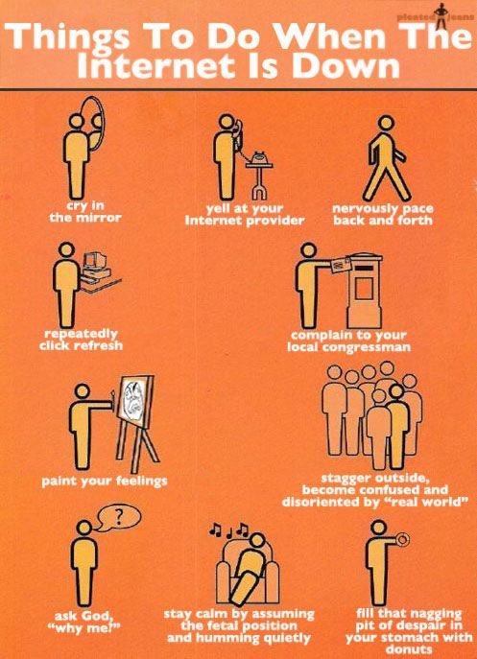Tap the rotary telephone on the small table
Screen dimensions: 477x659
point(259,158)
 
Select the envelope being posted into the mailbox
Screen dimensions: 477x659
point(341,265)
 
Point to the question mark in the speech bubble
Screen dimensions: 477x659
point(119,517)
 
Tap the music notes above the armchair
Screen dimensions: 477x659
point(229,530)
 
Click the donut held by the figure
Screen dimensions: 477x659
point(402,539)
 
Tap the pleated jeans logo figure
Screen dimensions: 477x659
point(441,16)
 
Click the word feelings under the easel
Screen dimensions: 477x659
point(142,481)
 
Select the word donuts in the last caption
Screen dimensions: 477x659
point(409,649)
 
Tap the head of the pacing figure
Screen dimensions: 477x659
point(385,123)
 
